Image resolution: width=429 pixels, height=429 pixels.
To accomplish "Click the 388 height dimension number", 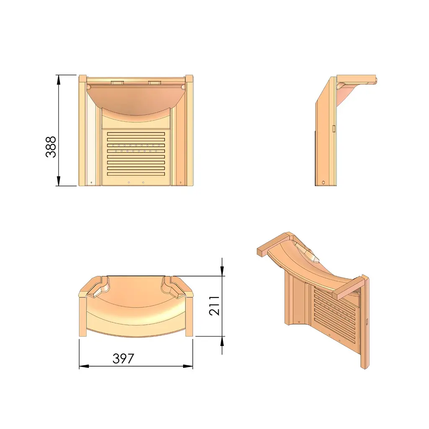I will [x=51, y=147].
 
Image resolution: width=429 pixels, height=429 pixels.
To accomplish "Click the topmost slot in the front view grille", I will [x=136, y=134].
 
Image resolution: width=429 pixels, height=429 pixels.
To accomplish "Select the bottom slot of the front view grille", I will [x=136, y=174].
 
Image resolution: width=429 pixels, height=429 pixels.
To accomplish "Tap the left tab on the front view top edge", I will [x=117, y=82].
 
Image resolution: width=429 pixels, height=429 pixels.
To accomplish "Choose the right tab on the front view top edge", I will [x=154, y=82].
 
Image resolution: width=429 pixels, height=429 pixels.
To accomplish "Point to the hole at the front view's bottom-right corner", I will [x=180, y=183].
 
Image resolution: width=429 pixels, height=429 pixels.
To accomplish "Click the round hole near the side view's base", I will [x=324, y=182].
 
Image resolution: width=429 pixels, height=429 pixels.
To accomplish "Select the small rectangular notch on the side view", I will [x=333, y=127].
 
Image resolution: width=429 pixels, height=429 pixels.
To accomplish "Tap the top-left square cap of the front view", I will [x=83, y=79].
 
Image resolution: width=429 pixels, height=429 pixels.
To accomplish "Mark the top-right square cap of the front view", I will [x=189, y=79].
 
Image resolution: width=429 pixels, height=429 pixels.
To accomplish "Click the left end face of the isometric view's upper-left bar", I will [x=259, y=251].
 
